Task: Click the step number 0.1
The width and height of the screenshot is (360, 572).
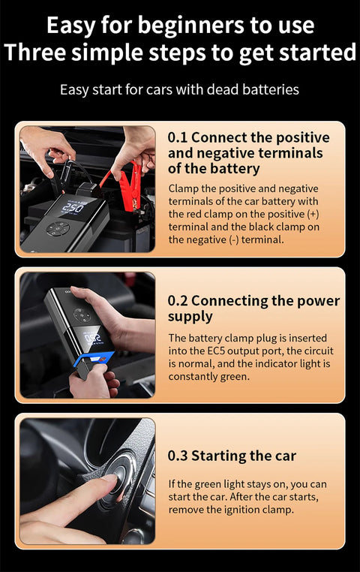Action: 177,137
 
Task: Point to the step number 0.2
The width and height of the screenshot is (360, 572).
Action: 178,301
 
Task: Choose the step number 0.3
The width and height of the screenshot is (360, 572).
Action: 178,456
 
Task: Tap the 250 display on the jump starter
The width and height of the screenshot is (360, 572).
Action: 73,206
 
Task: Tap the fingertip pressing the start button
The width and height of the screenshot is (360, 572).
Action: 109,481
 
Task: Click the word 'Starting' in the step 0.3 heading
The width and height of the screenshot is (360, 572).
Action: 218,456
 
